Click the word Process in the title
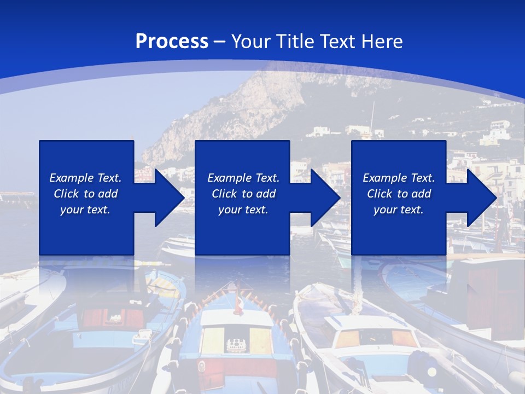(172, 41)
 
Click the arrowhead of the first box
(170, 198)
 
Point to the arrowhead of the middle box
(326, 198)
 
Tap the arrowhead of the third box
(482, 198)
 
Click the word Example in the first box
(71, 178)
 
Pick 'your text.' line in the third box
(398, 210)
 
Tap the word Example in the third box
(384, 178)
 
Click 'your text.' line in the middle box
(243, 210)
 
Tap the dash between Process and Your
(219, 42)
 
